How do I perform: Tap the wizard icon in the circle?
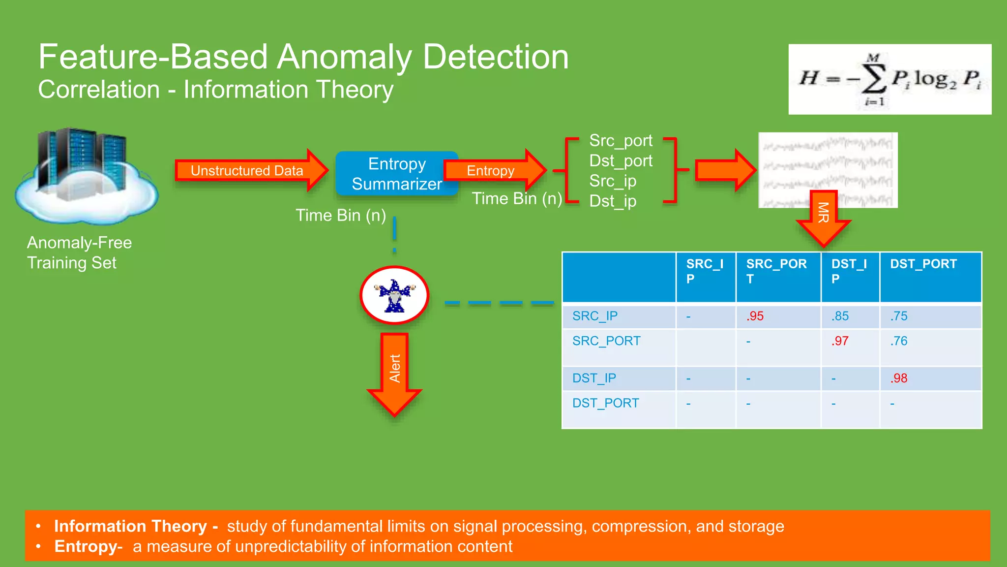coord(394,295)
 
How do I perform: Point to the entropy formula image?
coord(889,79)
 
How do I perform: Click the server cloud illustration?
coord(86,175)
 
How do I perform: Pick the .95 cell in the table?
coord(755,316)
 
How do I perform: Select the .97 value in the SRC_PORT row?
coord(840,341)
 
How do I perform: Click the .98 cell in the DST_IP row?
coord(899,378)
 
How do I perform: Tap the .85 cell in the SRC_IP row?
coord(840,316)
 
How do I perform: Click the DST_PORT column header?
coord(923,264)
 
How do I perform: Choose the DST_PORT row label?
coord(605,403)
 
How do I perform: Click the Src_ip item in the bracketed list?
coord(613,181)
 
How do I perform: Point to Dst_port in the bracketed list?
coord(621,161)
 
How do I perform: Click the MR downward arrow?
coord(823,217)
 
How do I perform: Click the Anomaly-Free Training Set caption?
coord(79,252)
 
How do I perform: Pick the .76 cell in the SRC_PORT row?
coord(899,341)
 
